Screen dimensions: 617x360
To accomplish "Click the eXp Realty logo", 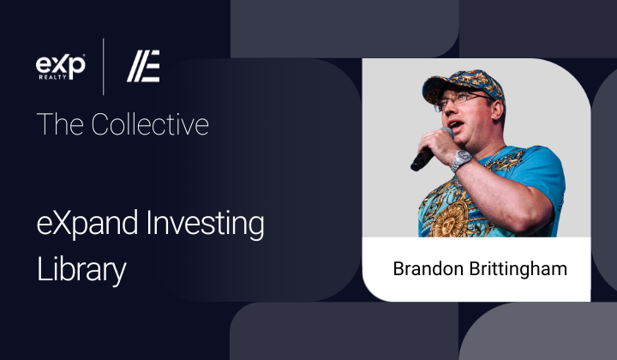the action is (61, 67).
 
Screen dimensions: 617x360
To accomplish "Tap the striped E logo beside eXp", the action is (143, 66).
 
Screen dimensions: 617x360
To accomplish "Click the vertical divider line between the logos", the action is (104, 67).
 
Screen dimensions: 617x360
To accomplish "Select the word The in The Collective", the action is (60, 124).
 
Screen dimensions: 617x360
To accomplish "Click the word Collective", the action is (150, 124).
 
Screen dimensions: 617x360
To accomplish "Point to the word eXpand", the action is (87, 224).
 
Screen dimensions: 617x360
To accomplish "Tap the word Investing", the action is (205, 224).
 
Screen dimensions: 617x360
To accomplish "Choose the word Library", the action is (81, 270).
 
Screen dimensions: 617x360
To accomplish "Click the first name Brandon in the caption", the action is (428, 269).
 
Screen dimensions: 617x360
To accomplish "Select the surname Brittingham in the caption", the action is (518, 269).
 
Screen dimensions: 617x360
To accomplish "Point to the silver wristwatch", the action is (460, 160).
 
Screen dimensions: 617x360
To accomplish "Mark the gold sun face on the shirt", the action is (449, 221).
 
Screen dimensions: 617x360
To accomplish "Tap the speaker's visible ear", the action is (497, 111).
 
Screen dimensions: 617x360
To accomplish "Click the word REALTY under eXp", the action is (53, 77).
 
